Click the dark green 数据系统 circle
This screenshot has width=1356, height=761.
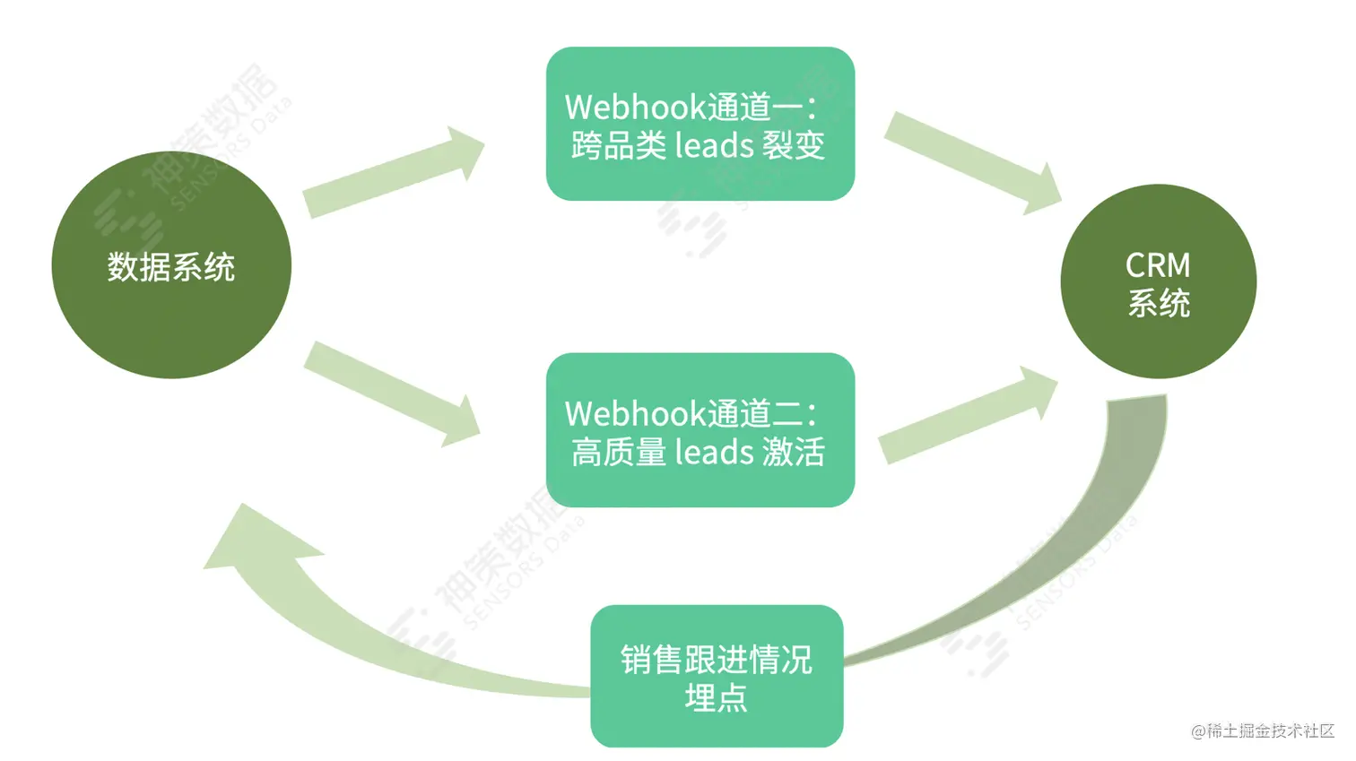[171, 265]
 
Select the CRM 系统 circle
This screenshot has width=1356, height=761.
[1158, 281]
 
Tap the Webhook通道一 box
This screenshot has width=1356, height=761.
[700, 124]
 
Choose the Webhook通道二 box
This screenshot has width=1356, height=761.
[700, 430]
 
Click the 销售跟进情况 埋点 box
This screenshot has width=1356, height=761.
[717, 676]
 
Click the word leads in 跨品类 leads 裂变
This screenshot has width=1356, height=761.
[714, 145]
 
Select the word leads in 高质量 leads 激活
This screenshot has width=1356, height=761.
[714, 452]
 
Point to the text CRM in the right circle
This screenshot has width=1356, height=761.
[1158, 265]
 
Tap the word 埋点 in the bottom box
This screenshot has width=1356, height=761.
[716, 697]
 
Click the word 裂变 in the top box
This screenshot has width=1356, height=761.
[793, 145]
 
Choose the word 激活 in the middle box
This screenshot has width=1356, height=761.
[793, 452]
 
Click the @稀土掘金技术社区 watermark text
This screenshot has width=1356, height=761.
[1263, 731]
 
